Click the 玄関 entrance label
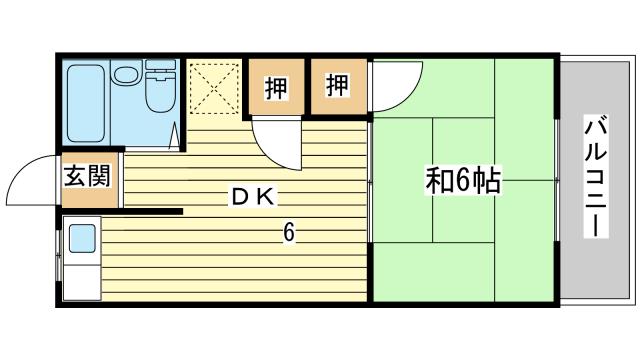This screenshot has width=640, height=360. tap(87, 176)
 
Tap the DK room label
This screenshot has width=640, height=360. tap(253, 198)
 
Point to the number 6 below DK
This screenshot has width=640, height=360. tap(289, 233)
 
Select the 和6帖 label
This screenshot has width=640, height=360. tap(463, 180)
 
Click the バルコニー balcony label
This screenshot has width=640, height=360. tap(596, 176)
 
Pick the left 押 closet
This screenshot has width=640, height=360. tap(277, 87)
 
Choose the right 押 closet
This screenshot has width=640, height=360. tap(338, 86)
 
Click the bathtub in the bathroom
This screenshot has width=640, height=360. tap(86, 103)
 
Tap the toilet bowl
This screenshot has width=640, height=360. tap(161, 93)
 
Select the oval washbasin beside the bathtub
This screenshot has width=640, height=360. tap(126, 74)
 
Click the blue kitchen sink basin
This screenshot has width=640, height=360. tap(82, 239)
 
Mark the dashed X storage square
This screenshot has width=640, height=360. tap(215, 88)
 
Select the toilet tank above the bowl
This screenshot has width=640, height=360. tap(160, 64)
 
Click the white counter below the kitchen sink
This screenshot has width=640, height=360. tap(82, 282)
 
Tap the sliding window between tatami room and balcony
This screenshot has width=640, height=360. tap(557, 180)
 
